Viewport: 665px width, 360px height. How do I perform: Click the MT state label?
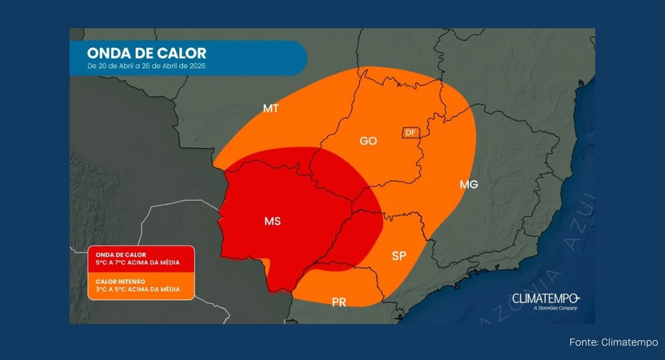270,109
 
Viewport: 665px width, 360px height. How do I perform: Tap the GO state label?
368,141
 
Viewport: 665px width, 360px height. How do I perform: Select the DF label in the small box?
410,132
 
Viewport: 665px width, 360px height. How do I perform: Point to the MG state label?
468,185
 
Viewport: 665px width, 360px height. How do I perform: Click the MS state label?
272,222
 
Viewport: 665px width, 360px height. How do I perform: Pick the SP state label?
399,256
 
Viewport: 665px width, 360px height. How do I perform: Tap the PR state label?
339,302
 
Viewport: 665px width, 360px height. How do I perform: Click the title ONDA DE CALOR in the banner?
146,54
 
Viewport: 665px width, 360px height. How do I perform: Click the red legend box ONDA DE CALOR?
141,259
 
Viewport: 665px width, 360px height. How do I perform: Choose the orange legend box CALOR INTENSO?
141,286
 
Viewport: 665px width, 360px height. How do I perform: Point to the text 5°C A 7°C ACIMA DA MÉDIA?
134,263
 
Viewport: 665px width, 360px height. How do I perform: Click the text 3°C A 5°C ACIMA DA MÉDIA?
134,290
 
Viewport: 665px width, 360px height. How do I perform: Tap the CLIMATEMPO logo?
545,298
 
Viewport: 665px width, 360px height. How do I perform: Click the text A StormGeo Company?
555,308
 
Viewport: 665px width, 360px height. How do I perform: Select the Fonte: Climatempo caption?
613,342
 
